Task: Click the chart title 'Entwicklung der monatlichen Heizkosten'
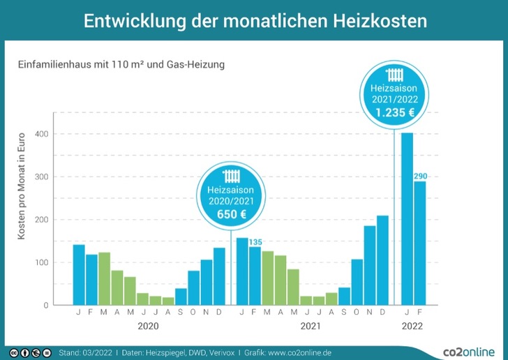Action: click(x=254, y=21)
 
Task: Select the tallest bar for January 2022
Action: click(x=407, y=220)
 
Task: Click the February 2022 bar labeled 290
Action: click(x=419, y=244)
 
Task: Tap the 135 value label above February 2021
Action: click(x=255, y=242)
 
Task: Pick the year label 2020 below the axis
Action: click(x=149, y=325)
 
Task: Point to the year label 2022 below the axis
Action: click(x=413, y=325)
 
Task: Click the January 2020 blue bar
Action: click(x=79, y=276)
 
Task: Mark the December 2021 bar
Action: click(x=382, y=260)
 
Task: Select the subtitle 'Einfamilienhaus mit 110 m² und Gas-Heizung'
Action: click(x=121, y=64)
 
